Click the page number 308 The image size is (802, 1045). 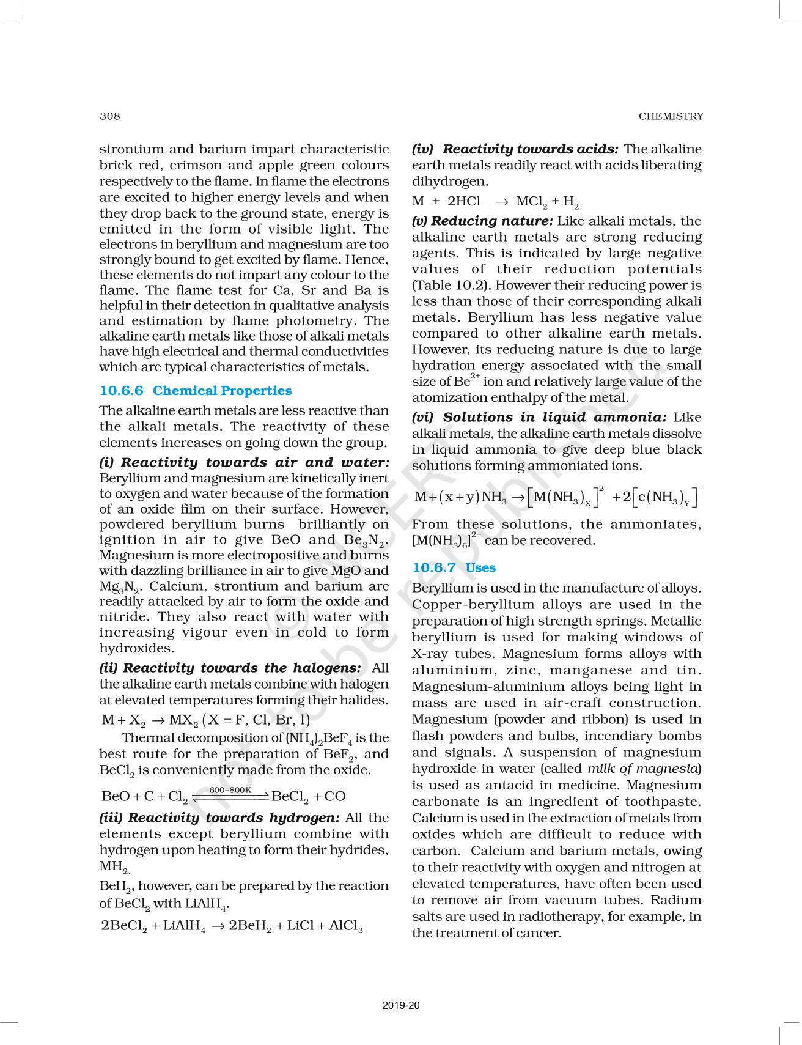pos(110,116)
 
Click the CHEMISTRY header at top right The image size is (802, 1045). pos(671,116)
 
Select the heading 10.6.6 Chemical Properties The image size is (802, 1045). pos(196,391)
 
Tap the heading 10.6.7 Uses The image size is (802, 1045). pos(454,567)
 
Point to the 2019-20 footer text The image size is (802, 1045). pos(401,1005)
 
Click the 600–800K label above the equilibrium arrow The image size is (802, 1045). pos(230,790)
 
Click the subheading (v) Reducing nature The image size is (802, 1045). pos(482,221)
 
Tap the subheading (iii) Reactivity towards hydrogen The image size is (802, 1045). pos(219,818)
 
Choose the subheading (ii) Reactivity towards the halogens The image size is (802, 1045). pos(230,668)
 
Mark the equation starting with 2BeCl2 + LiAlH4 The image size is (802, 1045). pos(232,926)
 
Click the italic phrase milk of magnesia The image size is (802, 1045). pos(644,769)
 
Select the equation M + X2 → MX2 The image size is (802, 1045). pos(205,720)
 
